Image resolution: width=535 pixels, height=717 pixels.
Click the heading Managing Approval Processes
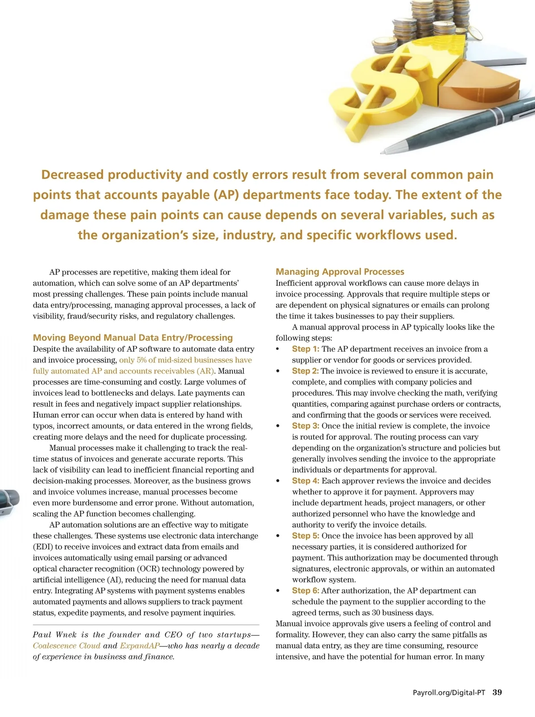[340, 272]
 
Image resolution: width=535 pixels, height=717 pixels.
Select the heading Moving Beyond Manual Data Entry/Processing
[133, 338]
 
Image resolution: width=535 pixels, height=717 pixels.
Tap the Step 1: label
[305, 349]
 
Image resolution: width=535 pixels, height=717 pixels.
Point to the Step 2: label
[305, 371]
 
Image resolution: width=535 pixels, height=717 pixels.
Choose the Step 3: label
[305, 426]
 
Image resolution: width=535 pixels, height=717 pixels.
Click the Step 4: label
[305, 481]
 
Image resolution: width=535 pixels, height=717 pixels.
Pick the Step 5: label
[305, 536]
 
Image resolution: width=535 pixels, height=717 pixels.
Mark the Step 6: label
[305, 591]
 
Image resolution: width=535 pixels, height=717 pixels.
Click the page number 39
[497, 692]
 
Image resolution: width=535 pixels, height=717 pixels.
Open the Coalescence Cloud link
[66, 646]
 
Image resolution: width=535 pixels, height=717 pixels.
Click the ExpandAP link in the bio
[140, 646]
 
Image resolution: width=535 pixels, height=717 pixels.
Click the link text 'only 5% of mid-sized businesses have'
[185, 360]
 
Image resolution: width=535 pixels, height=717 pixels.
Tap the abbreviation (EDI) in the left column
[43, 547]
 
